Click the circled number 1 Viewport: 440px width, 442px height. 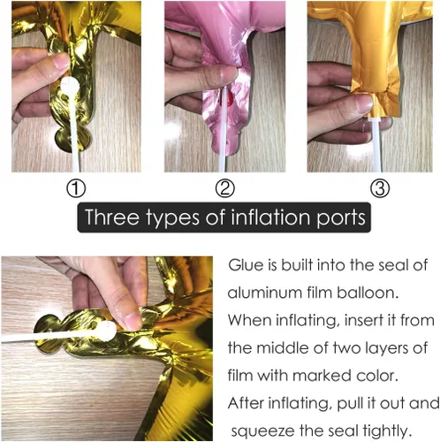click(76, 188)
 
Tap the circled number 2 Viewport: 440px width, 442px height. click(225, 188)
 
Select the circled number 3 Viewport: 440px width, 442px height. click(380, 188)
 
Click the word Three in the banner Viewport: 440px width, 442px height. click(111, 217)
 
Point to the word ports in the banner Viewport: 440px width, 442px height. click(341, 218)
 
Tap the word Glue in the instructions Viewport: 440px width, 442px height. click(246, 265)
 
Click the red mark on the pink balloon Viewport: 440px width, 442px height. click(227, 99)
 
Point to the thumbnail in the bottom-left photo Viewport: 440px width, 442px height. click(133, 322)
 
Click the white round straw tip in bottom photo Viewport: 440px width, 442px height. click(107, 331)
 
